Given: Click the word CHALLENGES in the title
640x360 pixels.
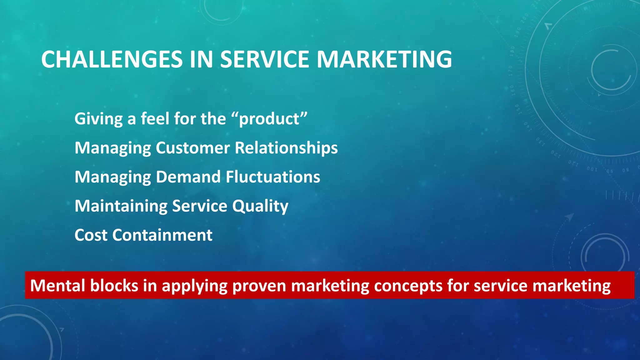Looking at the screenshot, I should click(x=112, y=59).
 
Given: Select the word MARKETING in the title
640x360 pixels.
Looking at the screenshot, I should click(x=384, y=59).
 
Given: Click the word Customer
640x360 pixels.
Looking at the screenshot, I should click(x=193, y=148).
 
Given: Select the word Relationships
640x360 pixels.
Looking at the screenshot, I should click(x=286, y=148).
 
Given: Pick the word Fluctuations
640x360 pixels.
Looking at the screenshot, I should click(x=273, y=177).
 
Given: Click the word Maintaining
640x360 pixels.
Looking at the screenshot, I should click(x=121, y=206).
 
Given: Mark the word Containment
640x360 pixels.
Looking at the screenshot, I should click(x=162, y=235).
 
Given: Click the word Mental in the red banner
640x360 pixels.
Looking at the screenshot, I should click(x=57, y=286).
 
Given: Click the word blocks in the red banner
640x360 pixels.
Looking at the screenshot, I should click(x=114, y=286).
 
